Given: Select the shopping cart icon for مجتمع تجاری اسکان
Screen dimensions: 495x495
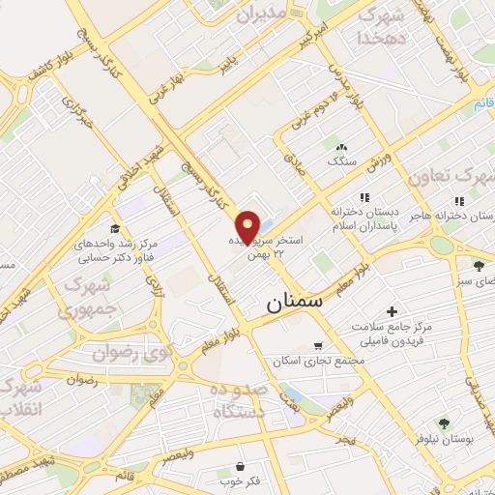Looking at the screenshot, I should [x=318, y=345].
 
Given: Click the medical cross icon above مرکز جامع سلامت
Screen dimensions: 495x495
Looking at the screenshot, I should [x=391, y=311].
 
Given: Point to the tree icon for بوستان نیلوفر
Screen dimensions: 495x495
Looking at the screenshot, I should [x=444, y=422].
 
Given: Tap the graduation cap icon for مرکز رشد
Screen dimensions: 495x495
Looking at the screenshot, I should [x=115, y=229].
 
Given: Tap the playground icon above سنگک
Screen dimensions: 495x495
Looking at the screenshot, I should [x=340, y=145].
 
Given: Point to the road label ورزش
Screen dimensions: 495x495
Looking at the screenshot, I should [x=379, y=158].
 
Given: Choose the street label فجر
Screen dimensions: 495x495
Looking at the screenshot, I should [x=345, y=440].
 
